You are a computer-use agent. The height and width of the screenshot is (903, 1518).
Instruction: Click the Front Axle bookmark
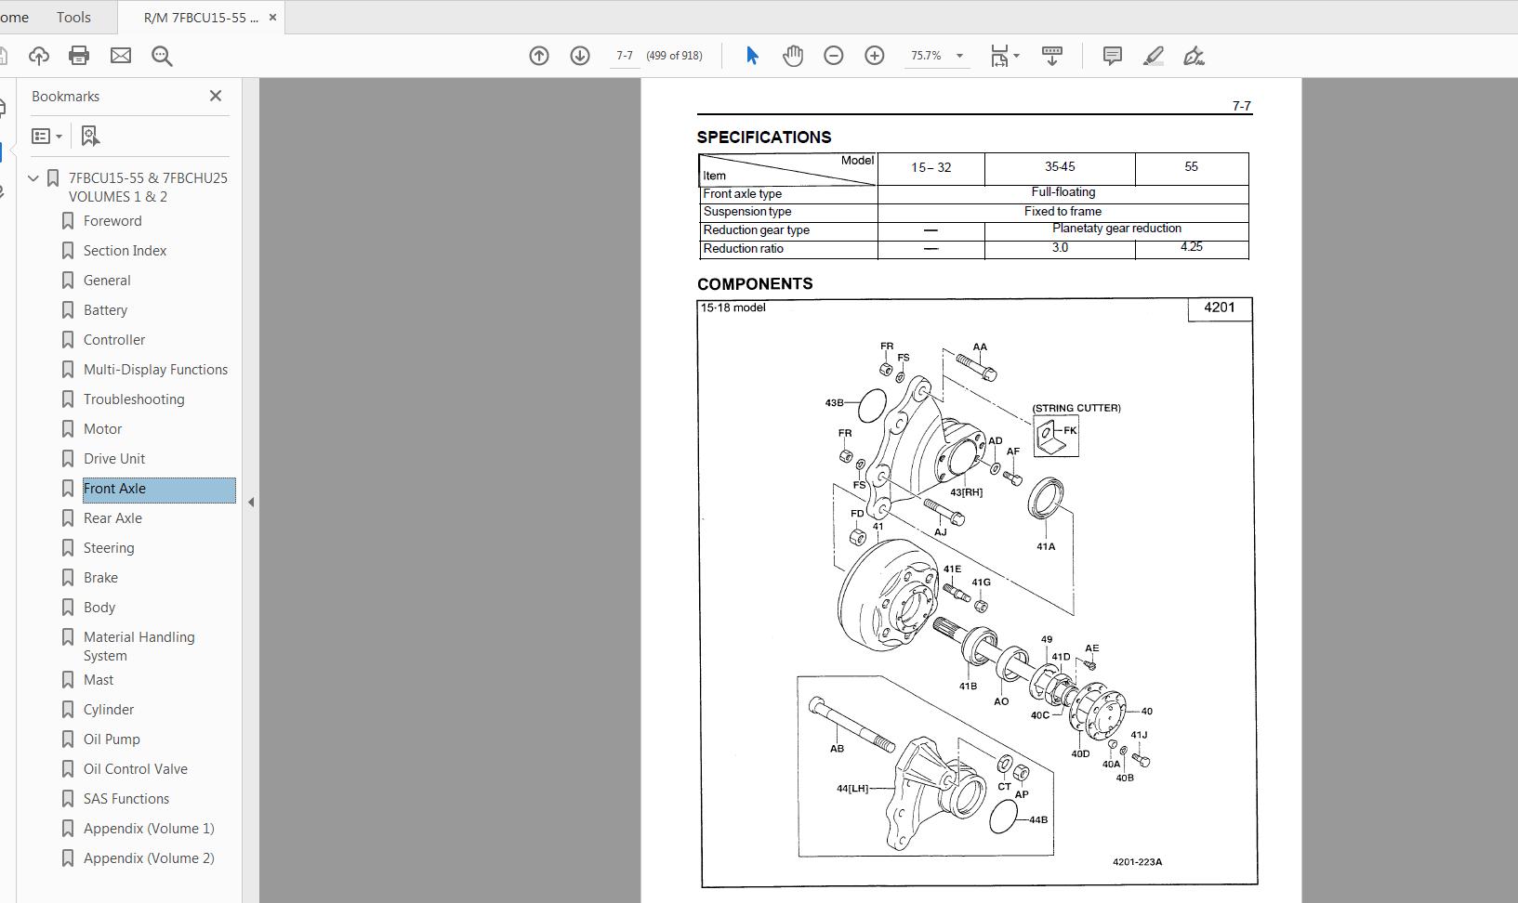pyautogui.click(x=114, y=489)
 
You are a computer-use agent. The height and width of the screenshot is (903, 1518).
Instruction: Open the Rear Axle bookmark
pyautogui.click(x=112, y=518)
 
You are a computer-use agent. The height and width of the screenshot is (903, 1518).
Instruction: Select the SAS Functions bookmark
pyautogui.click(x=126, y=799)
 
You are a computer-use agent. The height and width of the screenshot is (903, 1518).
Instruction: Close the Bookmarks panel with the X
pyautogui.click(x=216, y=96)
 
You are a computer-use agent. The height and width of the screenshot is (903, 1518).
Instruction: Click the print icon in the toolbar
pyautogui.click(x=79, y=56)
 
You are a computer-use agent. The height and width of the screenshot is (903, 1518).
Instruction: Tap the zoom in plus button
pyautogui.click(x=874, y=56)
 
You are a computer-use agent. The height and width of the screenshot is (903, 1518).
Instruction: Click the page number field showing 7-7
pyautogui.click(x=624, y=56)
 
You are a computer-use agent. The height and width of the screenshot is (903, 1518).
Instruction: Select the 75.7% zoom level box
pyautogui.click(x=927, y=56)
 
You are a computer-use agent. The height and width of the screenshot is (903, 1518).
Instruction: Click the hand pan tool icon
pyautogui.click(x=792, y=56)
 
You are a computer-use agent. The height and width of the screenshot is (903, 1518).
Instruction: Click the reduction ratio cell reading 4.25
pyautogui.click(x=1191, y=247)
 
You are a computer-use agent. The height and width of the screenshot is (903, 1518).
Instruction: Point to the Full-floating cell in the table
pyautogui.click(x=1063, y=192)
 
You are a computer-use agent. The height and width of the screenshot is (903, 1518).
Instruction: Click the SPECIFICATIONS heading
pyautogui.click(x=764, y=137)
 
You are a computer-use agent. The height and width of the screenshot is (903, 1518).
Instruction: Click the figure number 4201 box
pyautogui.click(x=1219, y=308)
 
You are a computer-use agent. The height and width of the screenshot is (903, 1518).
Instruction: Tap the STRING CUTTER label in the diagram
pyautogui.click(x=1076, y=408)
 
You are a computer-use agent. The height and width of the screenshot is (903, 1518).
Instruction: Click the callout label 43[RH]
pyautogui.click(x=966, y=492)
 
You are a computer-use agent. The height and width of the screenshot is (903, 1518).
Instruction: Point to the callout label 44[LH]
pyautogui.click(x=851, y=789)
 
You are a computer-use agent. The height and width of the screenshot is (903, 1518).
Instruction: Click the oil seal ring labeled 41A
pyautogui.click(x=1046, y=500)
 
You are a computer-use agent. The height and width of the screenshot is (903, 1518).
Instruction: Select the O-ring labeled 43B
pyautogui.click(x=872, y=406)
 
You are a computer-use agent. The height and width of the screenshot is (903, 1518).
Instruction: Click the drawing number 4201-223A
pyautogui.click(x=1137, y=862)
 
